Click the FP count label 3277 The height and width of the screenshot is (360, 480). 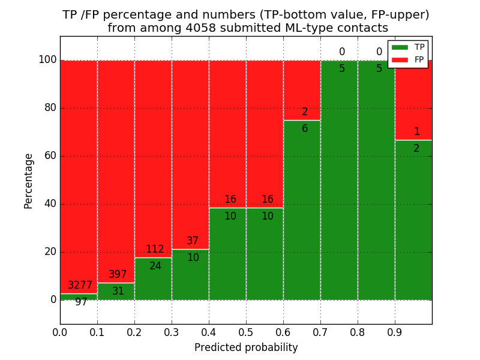click(80, 286)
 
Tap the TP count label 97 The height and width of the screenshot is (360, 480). click(81, 302)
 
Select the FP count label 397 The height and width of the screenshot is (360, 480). click(118, 275)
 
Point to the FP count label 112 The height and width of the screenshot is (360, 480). click(155, 250)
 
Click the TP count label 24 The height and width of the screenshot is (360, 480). click(155, 266)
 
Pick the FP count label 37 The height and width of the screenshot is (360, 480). click(193, 241)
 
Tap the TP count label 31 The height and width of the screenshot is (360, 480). click(118, 292)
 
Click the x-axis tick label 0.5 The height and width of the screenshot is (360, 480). click(246, 331)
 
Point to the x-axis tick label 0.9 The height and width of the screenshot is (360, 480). click(395, 331)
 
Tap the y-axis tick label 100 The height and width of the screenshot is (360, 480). click(47, 60)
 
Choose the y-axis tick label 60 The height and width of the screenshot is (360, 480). click(50, 156)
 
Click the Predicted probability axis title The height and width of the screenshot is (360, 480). click(246, 347)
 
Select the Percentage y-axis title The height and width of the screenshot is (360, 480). click(29, 181)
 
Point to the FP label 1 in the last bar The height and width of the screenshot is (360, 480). click(417, 132)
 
